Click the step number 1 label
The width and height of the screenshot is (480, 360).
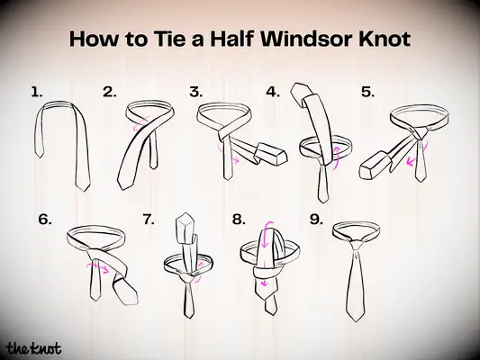36,91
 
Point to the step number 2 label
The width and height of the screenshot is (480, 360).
110,91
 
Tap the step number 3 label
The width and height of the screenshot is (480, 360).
195,91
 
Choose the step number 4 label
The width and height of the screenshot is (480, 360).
273,91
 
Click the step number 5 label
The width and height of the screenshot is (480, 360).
367,91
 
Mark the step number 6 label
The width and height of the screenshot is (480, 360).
45,218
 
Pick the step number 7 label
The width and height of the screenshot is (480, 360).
149,218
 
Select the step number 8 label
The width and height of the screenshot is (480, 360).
238,218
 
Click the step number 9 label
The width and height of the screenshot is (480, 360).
315,218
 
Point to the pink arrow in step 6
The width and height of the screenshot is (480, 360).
100,266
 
